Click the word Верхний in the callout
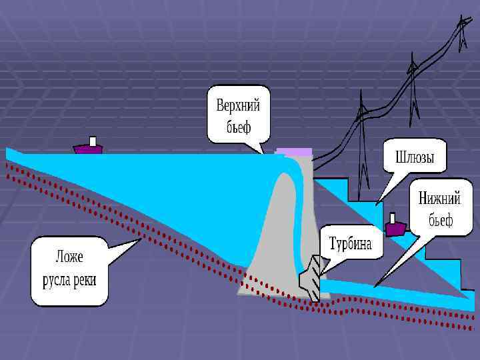pyautogui.click(x=238, y=105)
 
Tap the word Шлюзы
pyautogui.click(x=415, y=158)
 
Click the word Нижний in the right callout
pyautogui.click(x=440, y=199)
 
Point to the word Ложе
pyautogui.click(x=69, y=257)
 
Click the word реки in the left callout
pyautogui.click(x=85, y=280)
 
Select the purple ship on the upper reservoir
pyautogui.click(x=88, y=148)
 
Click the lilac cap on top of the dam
pyautogui.click(x=294, y=152)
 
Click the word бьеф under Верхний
pyautogui.click(x=238, y=126)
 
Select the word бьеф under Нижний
pyautogui.click(x=441, y=220)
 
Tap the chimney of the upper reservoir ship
pyautogui.click(x=93, y=141)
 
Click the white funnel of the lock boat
pyautogui.click(x=393, y=218)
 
